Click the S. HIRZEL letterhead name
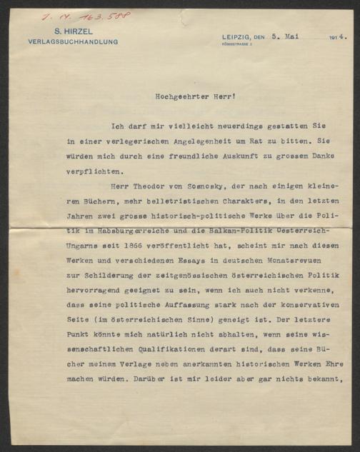(73, 32)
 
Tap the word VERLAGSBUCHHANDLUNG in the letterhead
(73, 41)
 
